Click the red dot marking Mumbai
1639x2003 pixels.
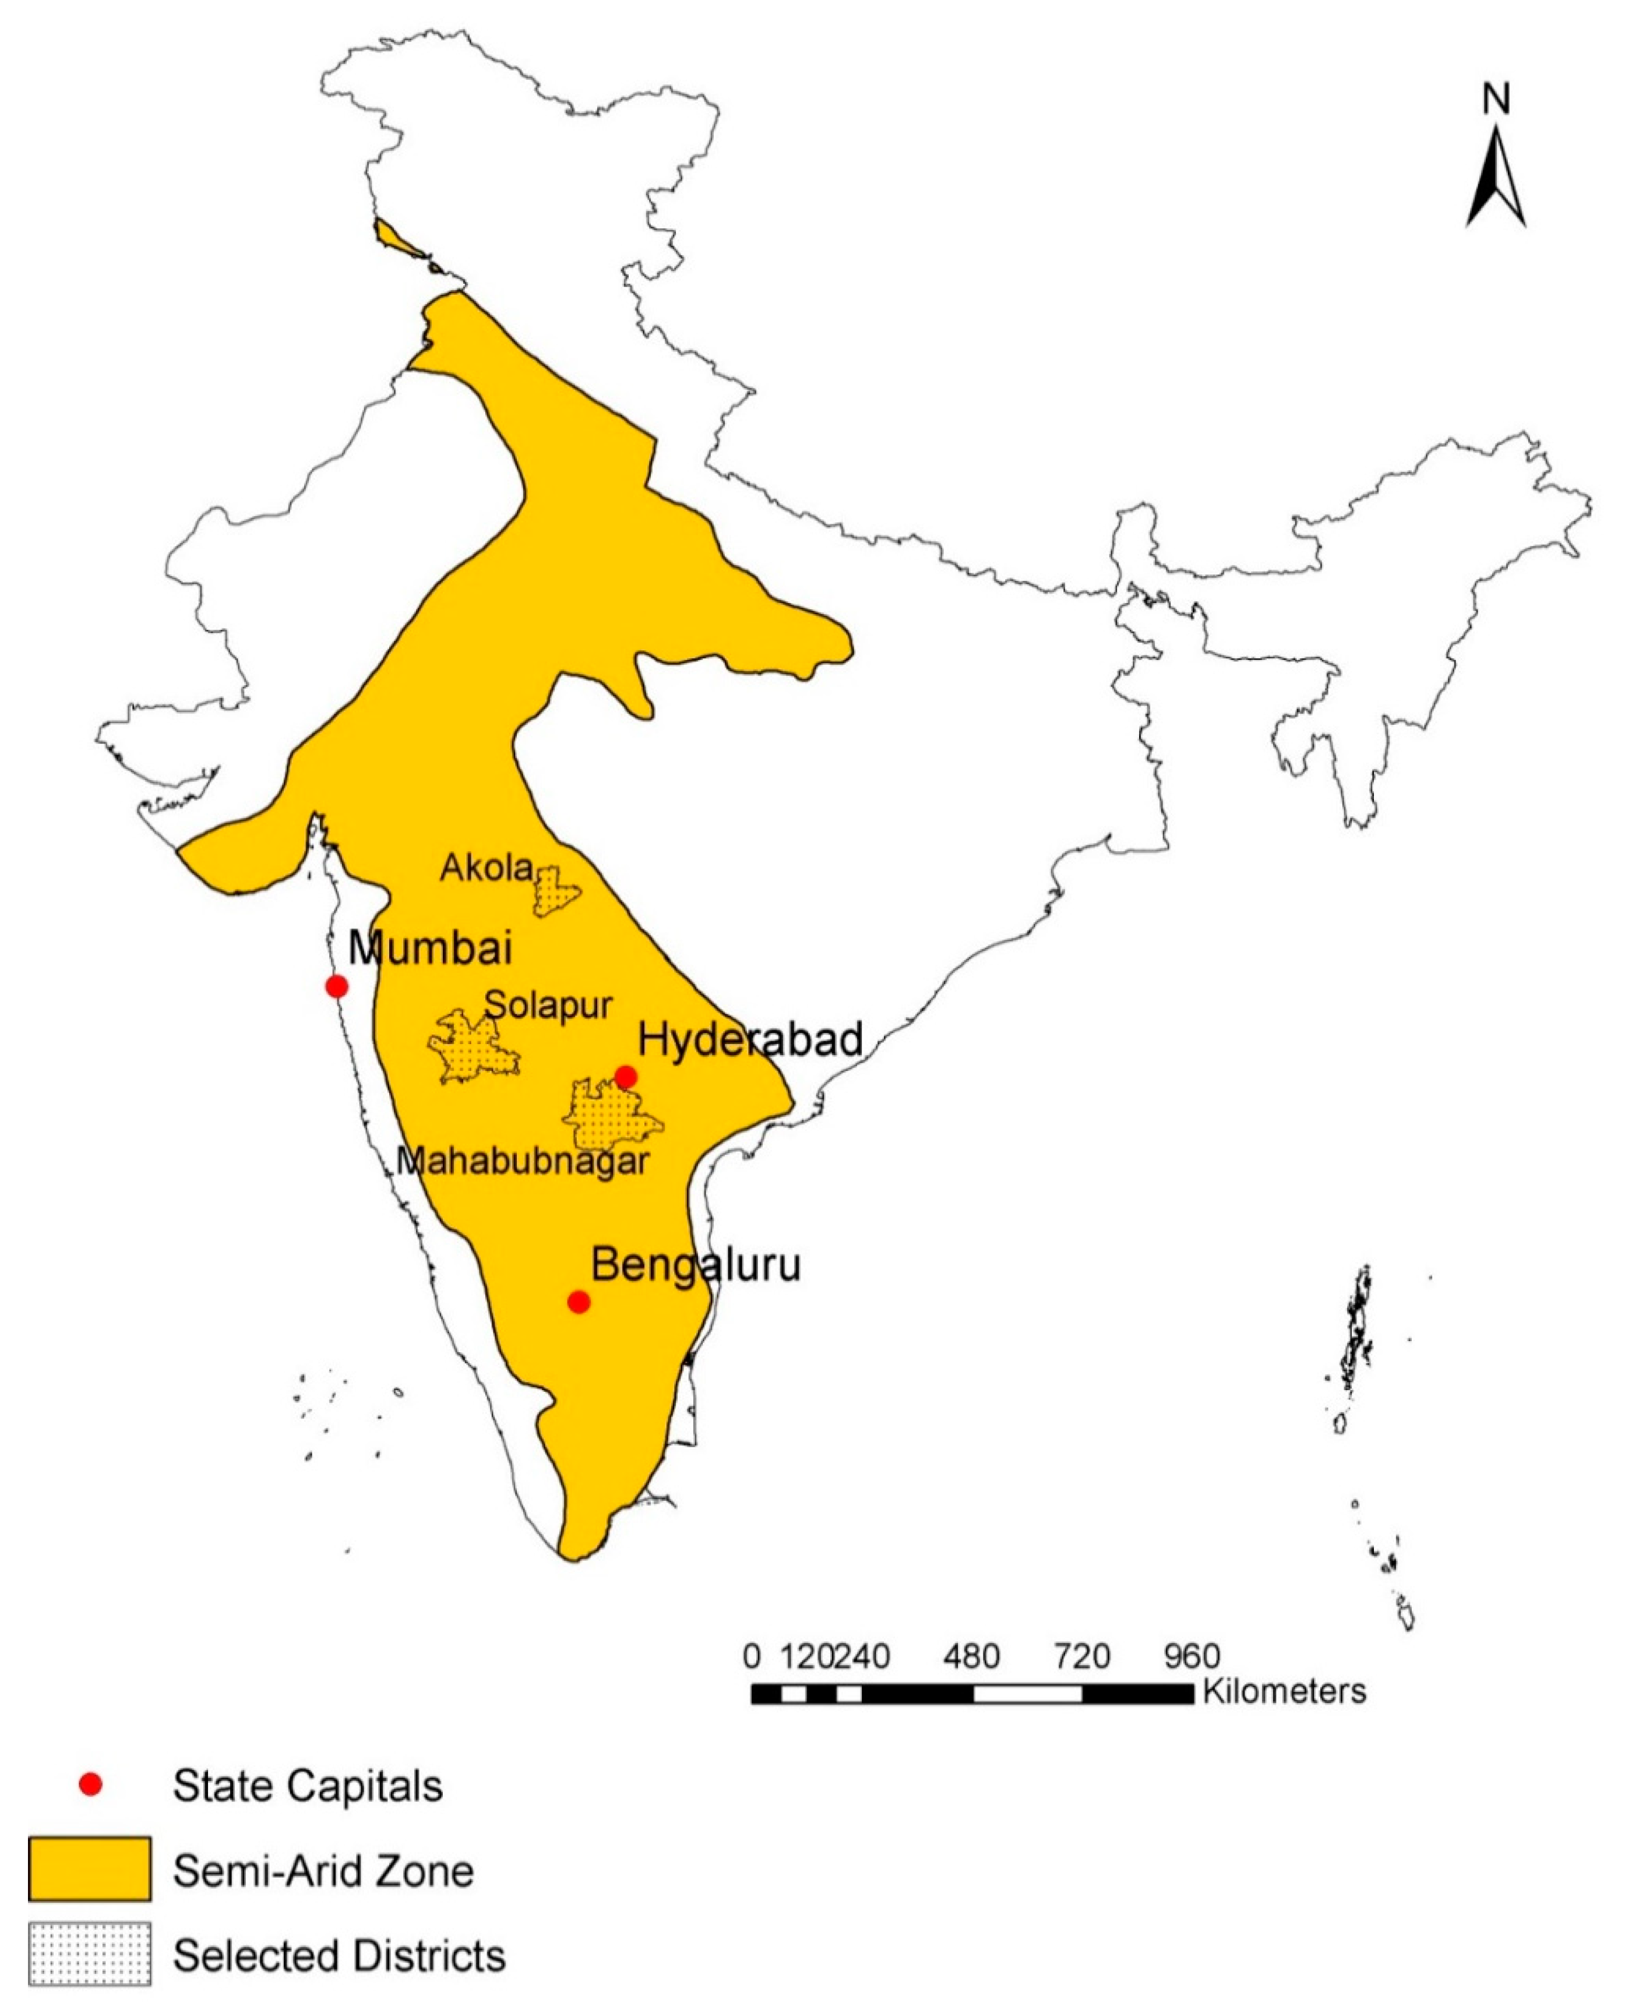[x=336, y=986]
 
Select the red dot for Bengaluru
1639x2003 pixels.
[x=579, y=1302]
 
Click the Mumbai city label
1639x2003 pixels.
[x=431, y=948]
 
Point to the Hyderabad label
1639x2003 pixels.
[x=750, y=1039]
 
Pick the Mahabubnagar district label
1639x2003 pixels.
[x=522, y=1160]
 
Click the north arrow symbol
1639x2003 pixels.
[x=1496, y=179]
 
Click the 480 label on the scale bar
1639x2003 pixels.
[x=971, y=1656]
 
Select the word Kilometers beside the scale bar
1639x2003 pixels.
[x=1284, y=1691]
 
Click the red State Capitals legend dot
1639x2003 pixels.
[x=91, y=1785]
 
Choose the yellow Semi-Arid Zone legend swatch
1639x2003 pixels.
[x=90, y=1868]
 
